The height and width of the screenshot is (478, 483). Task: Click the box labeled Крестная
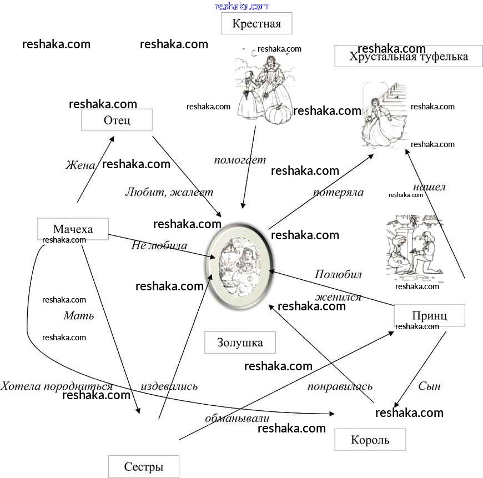[x=256, y=24]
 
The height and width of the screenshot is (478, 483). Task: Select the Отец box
[x=117, y=119]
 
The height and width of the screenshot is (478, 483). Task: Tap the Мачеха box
[x=73, y=229]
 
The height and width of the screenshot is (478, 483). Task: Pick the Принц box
[x=429, y=315]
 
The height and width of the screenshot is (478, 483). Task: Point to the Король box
[x=370, y=440]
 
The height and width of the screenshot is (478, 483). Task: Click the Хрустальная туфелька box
[x=408, y=56]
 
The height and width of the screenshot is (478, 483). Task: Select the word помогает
[x=240, y=160]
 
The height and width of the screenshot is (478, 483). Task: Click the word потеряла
[x=338, y=192]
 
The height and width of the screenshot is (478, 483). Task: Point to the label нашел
[x=429, y=187]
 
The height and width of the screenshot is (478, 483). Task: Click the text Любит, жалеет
[x=169, y=192]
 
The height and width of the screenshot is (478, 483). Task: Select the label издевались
[x=169, y=386]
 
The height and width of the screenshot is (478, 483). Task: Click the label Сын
[x=429, y=386]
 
